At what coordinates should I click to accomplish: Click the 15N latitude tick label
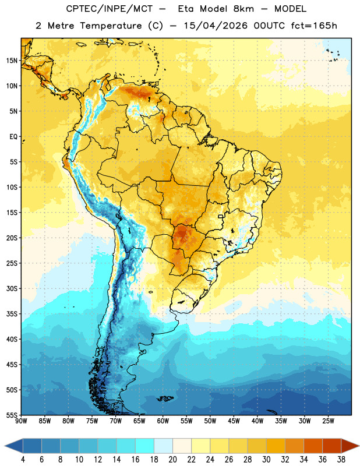click(x=12, y=61)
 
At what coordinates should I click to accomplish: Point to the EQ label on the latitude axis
click(x=13, y=137)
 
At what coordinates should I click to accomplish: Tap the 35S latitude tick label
click(x=12, y=314)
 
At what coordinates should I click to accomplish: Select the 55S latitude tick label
click(x=12, y=415)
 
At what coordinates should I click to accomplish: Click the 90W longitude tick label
click(x=21, y=421)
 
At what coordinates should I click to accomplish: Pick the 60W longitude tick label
click(x=163, y=421)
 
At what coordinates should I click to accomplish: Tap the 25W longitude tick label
click(x=328, y=421)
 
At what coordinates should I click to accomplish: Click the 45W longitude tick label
click(x=234, y=421)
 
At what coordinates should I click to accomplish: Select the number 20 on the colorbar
click(x=172, y=460)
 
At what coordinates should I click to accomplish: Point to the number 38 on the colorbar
click(x=341, y=460)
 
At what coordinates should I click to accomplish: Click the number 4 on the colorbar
click(x=23, y=460)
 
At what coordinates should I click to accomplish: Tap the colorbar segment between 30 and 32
click(x=276, y=446)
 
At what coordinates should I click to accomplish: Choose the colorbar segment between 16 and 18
click(x=144, y=446)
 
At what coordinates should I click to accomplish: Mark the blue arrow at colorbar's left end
click(x=13, y=446)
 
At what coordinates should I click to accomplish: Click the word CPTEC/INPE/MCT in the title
click(x=110, y=9)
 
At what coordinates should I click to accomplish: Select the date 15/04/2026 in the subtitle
click(x=216, y=26)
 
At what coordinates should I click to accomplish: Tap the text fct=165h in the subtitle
click(x=314, y=26)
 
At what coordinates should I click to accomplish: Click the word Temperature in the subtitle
click(x=111, y=26)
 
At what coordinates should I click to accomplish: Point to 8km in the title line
click(x=243, y=9)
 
